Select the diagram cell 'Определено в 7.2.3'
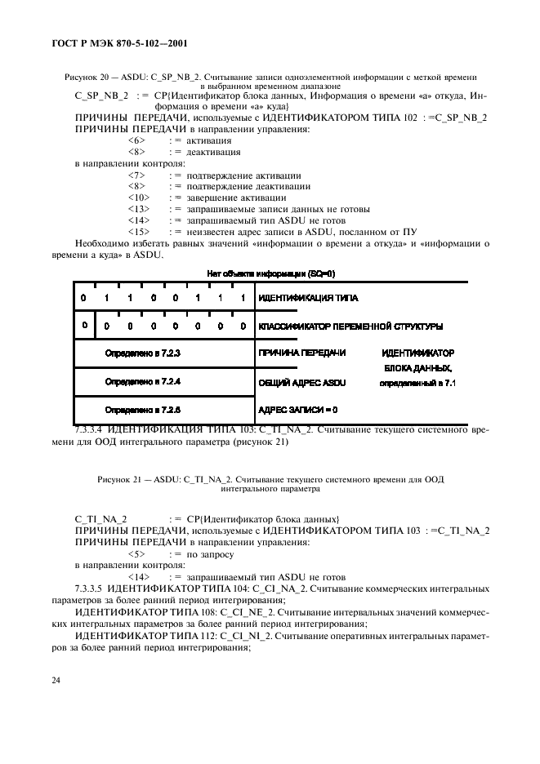click(142, 353)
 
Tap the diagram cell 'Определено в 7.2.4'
click(142, 381)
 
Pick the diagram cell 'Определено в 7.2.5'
click(142, 410)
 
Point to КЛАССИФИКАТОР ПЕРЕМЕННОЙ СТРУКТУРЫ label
click(350, 326)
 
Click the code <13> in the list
click(138, 209)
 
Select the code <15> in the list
click(138, 232)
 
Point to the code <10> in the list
click(138, 198)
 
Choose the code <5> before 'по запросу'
click(136, 553)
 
